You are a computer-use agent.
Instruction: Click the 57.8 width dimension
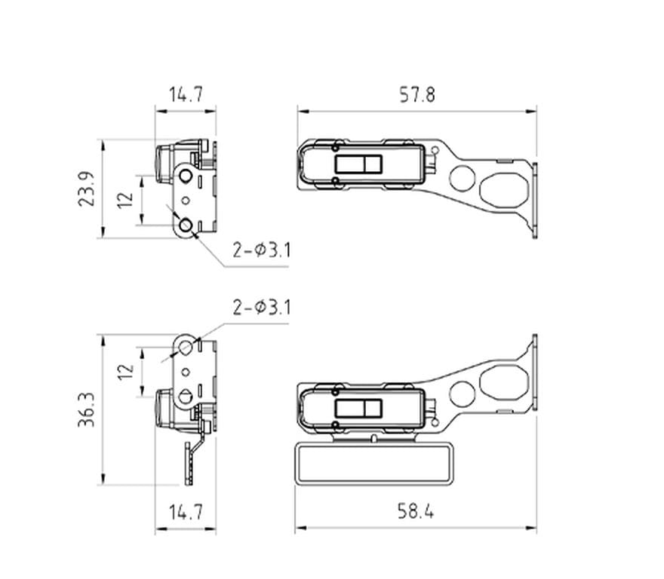[x=417, y=95]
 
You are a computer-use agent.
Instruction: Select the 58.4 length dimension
[x=416, y=512]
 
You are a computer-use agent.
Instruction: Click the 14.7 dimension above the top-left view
[x=185, y=95]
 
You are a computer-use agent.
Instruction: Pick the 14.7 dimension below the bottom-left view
[x=185, y=513]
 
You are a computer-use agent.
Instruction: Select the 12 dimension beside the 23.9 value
[x=126, y=199]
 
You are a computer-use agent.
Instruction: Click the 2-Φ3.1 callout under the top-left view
[x=261, y=250]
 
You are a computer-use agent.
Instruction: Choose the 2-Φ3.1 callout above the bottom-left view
[x=261, y=308]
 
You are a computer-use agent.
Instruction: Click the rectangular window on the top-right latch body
[x=360, y=164]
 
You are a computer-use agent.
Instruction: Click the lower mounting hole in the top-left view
[x=185, y=225]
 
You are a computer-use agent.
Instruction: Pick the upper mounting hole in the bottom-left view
[x=185, y=347]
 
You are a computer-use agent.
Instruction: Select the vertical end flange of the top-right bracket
[x=534, y=200]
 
